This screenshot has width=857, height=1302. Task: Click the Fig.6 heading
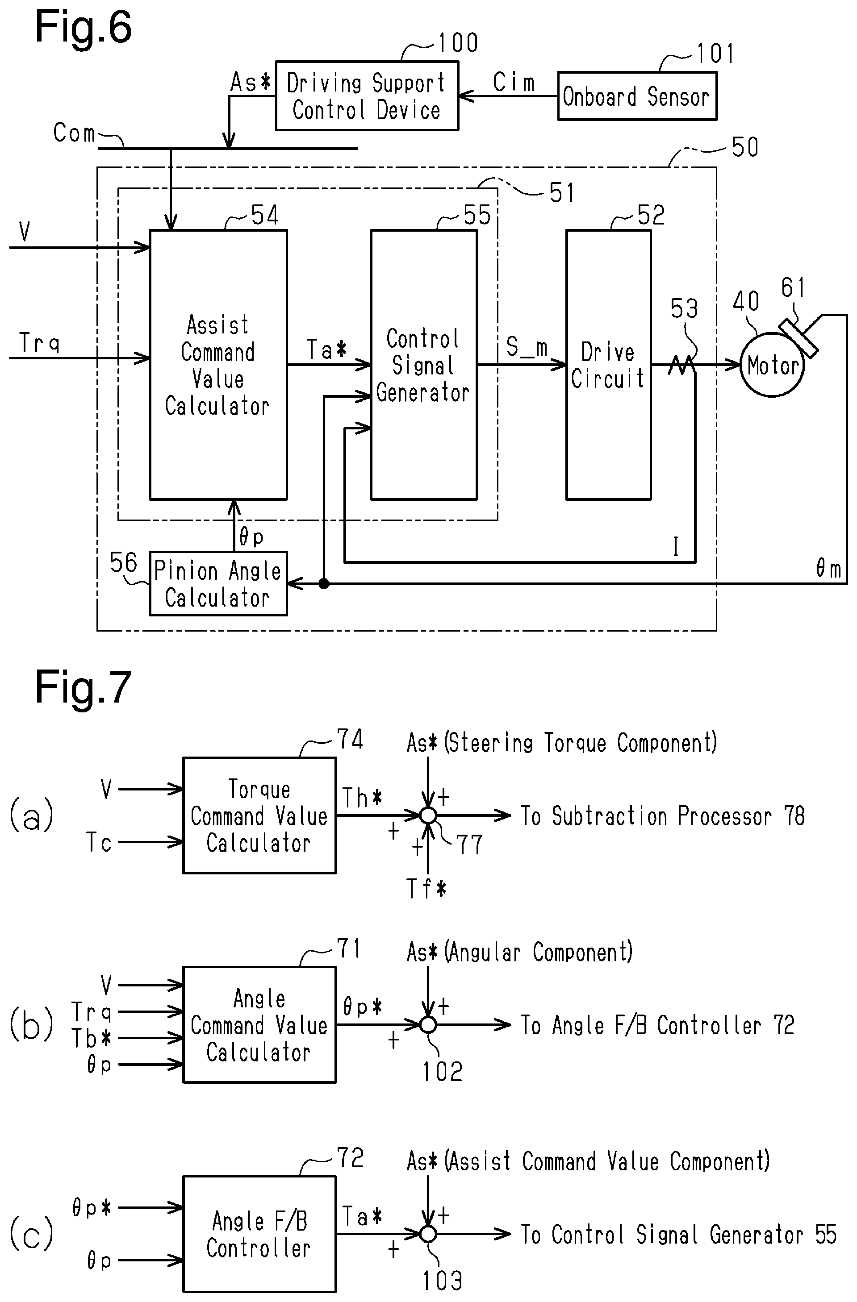click(83, 27)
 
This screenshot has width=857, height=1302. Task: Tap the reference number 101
click(715, 54)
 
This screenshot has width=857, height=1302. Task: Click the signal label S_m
click(527, 347)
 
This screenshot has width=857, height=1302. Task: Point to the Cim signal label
click(513, 83)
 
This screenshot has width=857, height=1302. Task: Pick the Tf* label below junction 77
click(426, 888)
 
